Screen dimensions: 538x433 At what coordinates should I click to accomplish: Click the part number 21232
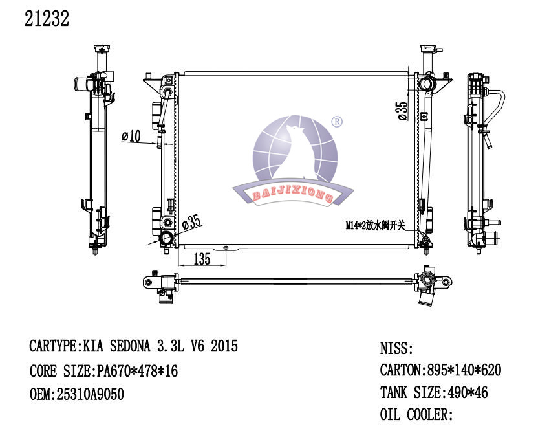tap(47, 19)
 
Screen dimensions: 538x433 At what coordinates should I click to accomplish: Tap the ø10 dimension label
tap(131, 136)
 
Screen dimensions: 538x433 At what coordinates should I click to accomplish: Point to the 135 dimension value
tap(202, 259)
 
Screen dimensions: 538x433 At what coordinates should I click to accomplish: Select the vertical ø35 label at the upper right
tap(403, 111)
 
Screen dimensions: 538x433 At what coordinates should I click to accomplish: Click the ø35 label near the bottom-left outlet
tap(191, 222)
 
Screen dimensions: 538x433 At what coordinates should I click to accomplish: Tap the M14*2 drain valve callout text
tap(375, 226)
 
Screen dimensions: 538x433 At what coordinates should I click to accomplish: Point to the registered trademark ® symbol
tap(337, 122)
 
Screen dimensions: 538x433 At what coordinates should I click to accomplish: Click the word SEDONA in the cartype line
tap(130, 346)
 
